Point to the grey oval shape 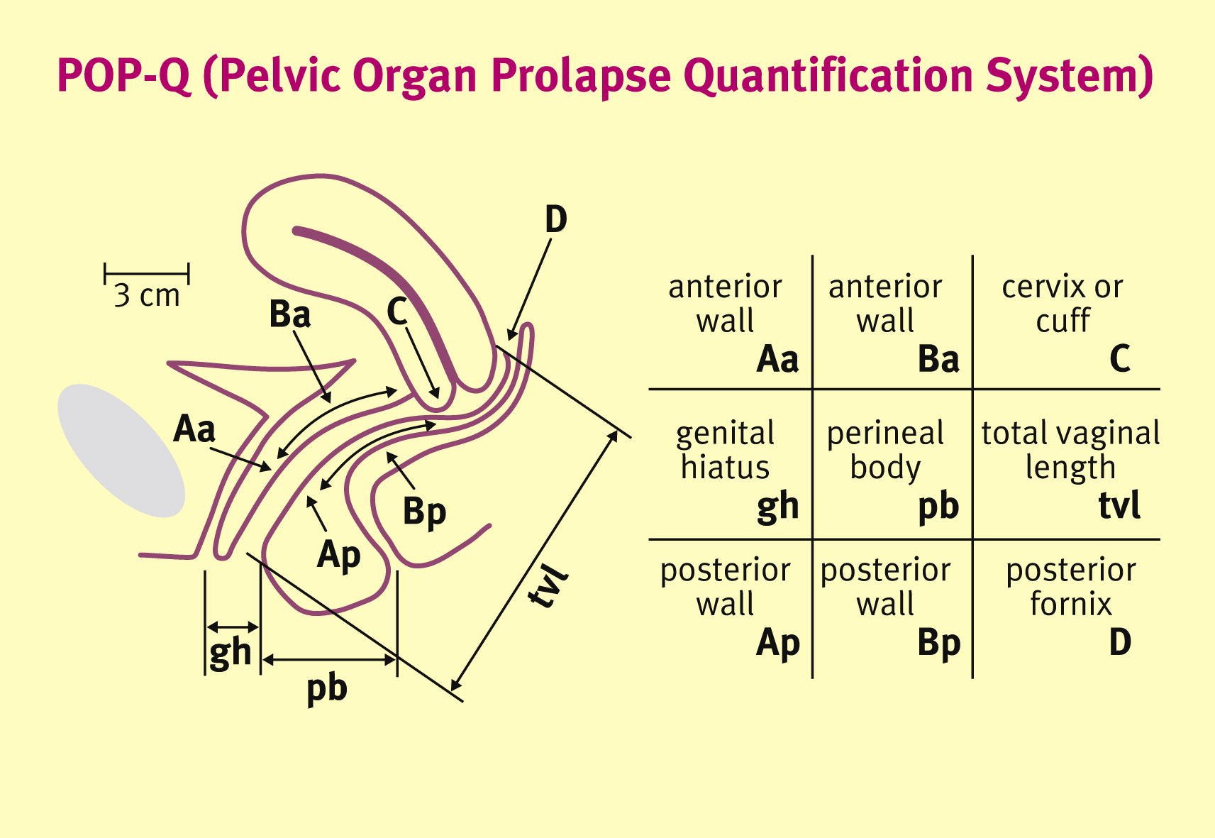coord(121,450)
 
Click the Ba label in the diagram coord(290,314)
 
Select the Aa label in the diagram coord(194,429)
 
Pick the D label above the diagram coord(556,220)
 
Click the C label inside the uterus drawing coord(397,311)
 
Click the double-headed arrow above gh coord(233,627)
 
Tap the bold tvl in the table coord(1119,505)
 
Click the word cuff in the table coord(1063,321)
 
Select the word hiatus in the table coord(725,468)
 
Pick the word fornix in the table coord(1071,604)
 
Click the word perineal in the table coord(885,434)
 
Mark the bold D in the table coord(1120,642)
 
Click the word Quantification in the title coord(820,76)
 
